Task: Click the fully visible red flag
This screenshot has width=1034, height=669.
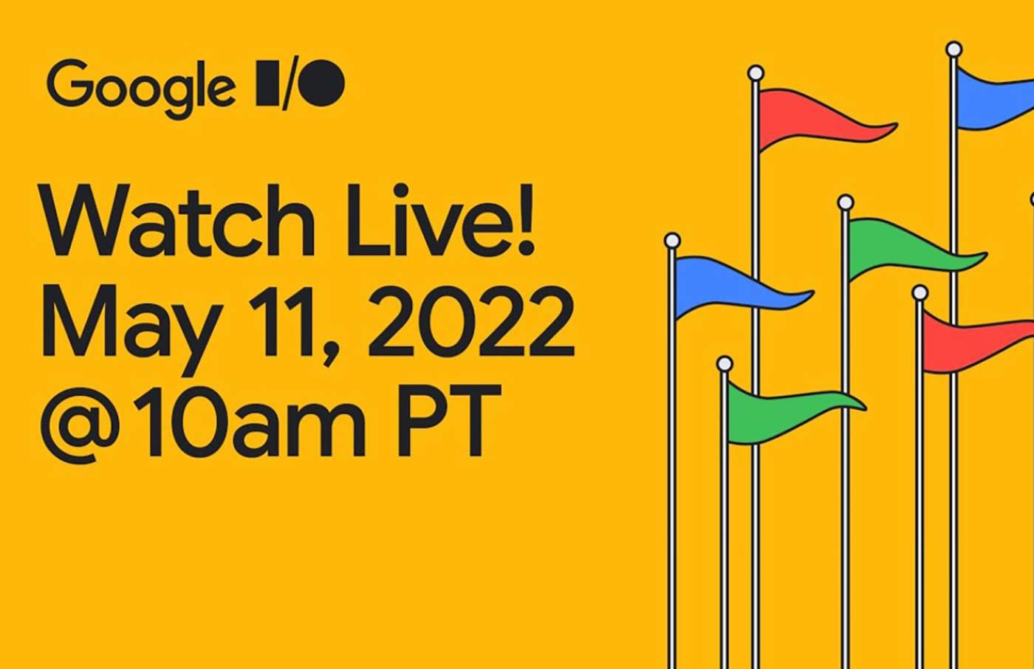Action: coord(812,118)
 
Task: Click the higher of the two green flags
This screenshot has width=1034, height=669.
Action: coord(901,248)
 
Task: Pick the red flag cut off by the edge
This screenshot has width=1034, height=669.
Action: coord(975,340)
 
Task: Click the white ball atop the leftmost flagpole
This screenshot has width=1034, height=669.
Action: coord(672,241)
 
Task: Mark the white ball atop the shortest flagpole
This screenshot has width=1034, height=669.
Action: coord(725,364)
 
